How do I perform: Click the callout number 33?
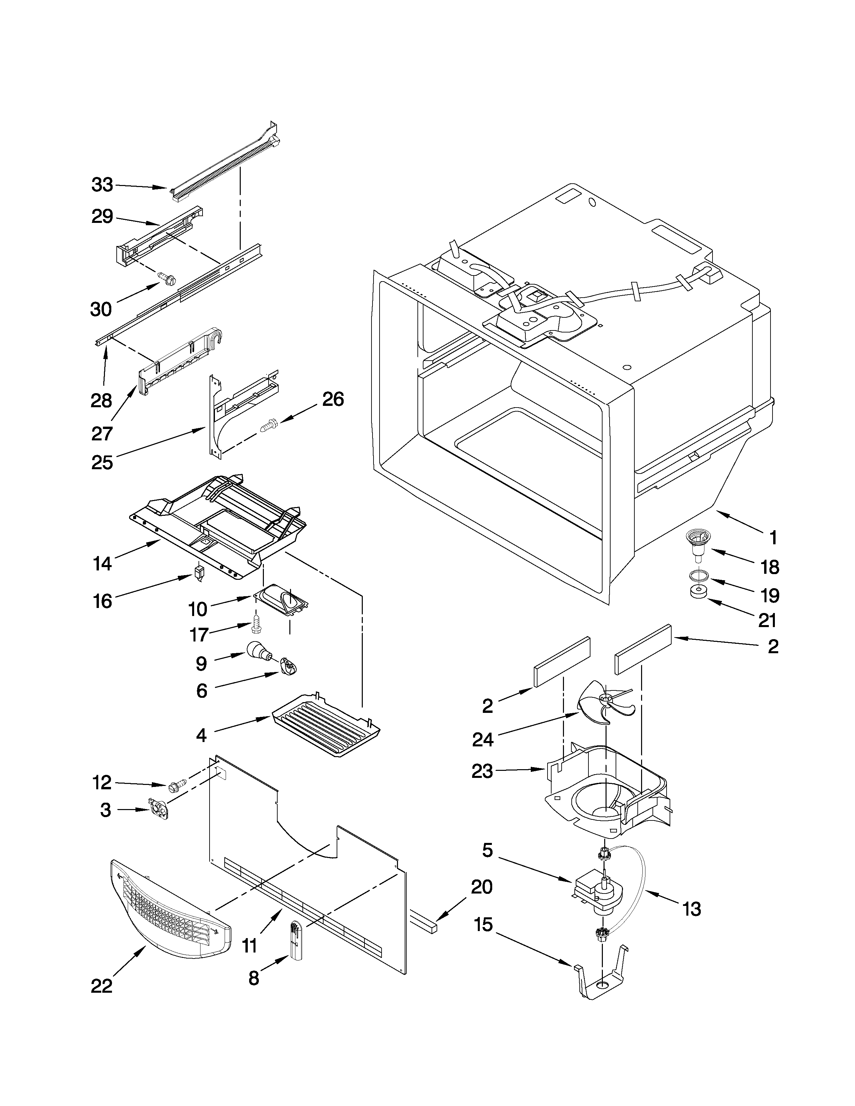[x=102, y=185]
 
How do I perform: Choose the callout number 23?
[x=482, y=771]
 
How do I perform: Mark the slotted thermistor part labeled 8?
[x=295, y=939]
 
